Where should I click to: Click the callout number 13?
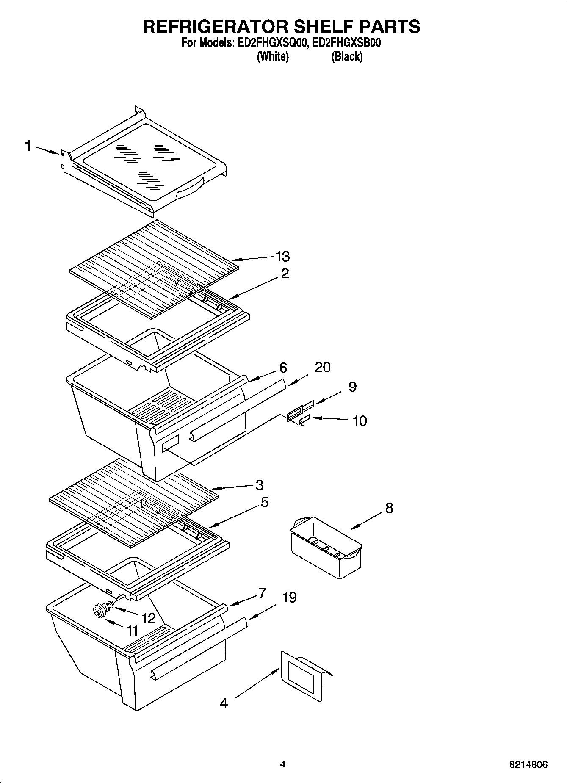[282, 256]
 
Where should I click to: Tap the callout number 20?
[322, 367]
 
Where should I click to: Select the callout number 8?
[389, 508]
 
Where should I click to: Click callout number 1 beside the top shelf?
[28, 147]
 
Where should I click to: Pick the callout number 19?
[289, 598]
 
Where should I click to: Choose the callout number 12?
[149, 618]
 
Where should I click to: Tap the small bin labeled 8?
[326, 548]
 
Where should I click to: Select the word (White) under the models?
[273, 56]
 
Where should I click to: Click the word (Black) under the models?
[347, 56]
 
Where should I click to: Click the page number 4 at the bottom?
[283, 764]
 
